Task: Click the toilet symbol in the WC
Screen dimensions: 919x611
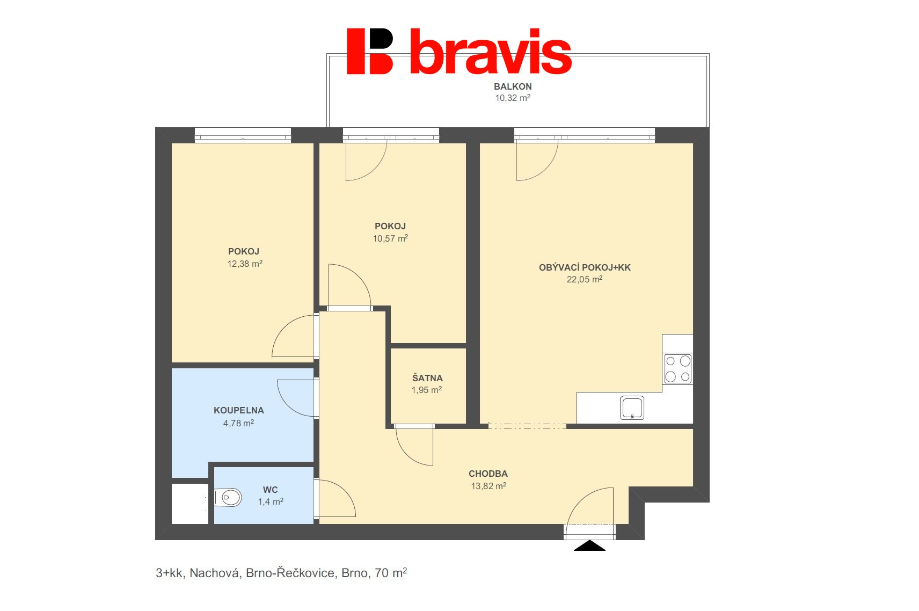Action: pyautogui.click(x=228, y=497)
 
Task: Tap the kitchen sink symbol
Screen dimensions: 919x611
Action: pyautogui.click(x=632, y=408)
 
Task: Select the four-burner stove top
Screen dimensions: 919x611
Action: pyautogui.click(x=678, y=369)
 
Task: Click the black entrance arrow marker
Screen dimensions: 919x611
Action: pyautogui.click(x=589, y=545)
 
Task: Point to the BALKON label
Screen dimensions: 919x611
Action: pyautogui.click(x=513, y=86)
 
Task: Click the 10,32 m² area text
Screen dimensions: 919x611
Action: pyautogui.click(x=513, y=98)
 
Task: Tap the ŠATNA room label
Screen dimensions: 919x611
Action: pyautogui.click(x=427, y=377)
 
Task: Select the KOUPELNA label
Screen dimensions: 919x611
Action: pyautogui.click(x=239, y=410)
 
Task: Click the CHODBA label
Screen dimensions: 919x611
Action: pyautogui.click(x=488, y=474)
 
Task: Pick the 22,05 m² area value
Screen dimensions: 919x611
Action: pyautogui.click(x=585, y=279)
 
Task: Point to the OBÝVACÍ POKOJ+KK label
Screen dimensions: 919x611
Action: pyautogui.click(x=585, y=267)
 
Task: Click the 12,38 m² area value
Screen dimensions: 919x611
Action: pyautogui.click(x=245, y=264)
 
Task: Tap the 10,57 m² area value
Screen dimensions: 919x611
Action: pyautogui.click(x=390, y=238)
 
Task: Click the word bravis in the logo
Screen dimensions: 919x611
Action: pyautogui.click(x=491, y=52)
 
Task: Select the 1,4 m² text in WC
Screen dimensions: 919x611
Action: pyautogui.click(x=271, y=501)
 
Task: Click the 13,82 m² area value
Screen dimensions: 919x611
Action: pyautogui.click(x=488, y=486)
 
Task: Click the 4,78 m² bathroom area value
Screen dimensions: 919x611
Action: pyautogui.click(x=238, y=423)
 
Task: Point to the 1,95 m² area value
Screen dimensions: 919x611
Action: pyautogui.click(x=427, y=390)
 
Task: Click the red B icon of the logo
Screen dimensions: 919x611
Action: pyautogui.click(x=370, y=52)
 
